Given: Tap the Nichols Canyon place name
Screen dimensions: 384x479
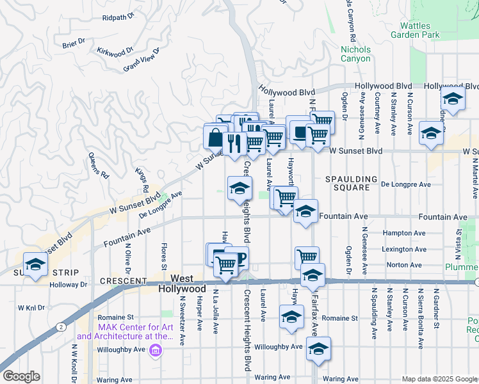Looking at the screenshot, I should click(355, 54).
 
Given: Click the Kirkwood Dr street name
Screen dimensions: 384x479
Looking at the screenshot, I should click(115, 49).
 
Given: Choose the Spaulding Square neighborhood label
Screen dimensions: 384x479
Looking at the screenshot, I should click(348, 183).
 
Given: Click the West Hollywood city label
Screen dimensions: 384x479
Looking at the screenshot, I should click(182, 284).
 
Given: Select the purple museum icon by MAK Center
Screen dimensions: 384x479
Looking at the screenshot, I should click(154, 351).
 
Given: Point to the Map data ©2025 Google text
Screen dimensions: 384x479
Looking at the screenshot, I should click(439, 379).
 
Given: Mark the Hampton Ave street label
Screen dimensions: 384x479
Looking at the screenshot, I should click(403, 234).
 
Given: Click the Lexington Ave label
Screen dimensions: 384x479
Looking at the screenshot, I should click(403, 249).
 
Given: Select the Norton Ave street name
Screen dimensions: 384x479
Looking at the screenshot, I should click(403, 264).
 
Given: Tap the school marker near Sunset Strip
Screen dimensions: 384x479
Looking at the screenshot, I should click(35, 264).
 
